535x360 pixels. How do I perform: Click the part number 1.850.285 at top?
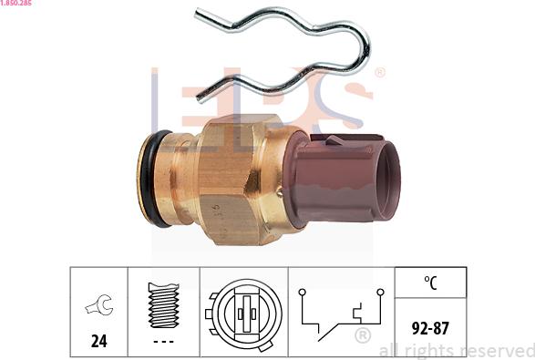16,3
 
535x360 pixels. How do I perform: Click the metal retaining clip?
365,51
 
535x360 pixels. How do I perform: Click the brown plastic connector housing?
341,180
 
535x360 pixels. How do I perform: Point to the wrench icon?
99,304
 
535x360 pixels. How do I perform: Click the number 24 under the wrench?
99,341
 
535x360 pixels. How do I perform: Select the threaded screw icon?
163,305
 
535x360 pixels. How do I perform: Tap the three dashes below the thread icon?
163,341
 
